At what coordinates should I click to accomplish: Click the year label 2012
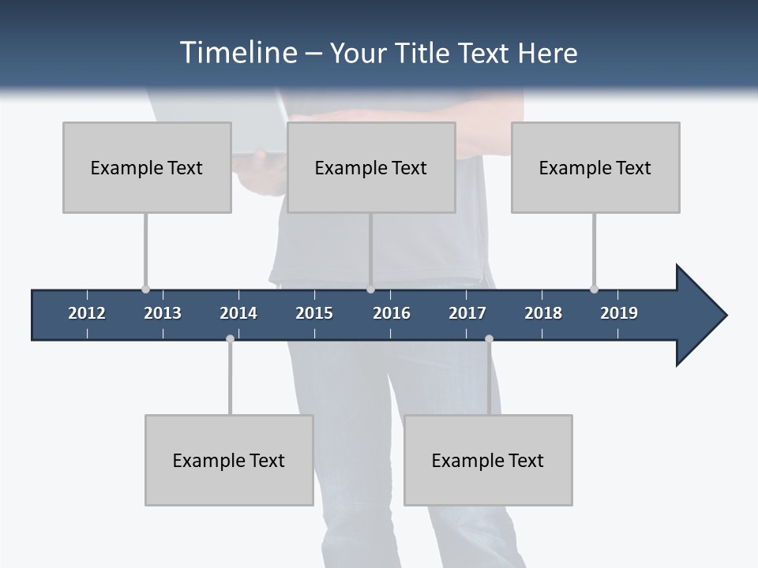point(87,313)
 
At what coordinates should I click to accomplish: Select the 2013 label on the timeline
point(163,313)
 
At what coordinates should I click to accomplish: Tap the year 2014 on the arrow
point(238,313)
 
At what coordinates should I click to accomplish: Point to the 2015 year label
point(314,313)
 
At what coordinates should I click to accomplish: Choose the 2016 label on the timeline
point(392,313)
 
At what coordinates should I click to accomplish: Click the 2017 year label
point(467,313)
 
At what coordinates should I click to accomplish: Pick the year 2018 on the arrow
point(543,313)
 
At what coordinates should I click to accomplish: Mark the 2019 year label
point(619,313)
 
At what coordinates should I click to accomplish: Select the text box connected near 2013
point(147,167)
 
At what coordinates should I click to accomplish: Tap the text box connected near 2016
point(371,167)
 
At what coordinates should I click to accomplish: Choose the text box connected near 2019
point(595,167)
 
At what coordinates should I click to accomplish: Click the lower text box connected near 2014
point(229,460)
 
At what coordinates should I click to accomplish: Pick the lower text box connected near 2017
point(488,460)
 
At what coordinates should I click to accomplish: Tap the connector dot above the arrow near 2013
point(145,290)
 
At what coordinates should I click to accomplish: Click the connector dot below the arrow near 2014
point(230,339)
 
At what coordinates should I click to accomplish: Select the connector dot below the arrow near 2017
point(489,339)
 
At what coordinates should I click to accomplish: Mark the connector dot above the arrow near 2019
point(594,290)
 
